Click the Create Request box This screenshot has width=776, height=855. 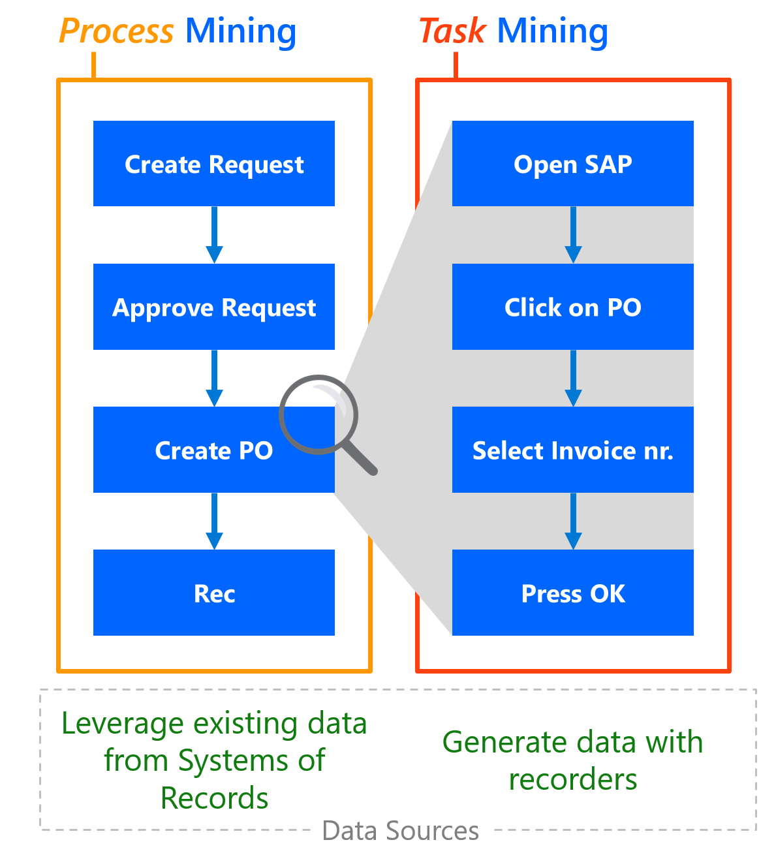[x=214, y=164]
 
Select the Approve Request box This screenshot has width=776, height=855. [x=214, y=307]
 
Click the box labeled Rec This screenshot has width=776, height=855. [x=214, y=593]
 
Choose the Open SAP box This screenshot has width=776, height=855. [x=572, y=164]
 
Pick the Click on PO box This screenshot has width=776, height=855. [x=572, y=307]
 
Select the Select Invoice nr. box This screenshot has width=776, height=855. [x=572, y=450]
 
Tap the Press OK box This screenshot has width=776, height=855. [x=572, y=593]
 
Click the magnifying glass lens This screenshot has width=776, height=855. [x=318, y=414]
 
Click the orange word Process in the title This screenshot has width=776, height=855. [x=116, y=31]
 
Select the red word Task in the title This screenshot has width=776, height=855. [x=452, y=31]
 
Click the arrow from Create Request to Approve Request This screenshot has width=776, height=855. [x=214, y=236]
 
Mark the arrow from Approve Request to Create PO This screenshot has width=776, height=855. [x=214, y=379]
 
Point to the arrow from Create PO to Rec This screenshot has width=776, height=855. [x=214, y=521]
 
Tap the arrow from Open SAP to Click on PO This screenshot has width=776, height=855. [x=573, y=236]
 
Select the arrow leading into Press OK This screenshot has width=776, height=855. [x=573, y=521]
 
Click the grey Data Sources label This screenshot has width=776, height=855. [x=400, y=831]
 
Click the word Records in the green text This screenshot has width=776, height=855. [x=214, y=798]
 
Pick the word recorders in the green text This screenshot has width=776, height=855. [x=572, y=779]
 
